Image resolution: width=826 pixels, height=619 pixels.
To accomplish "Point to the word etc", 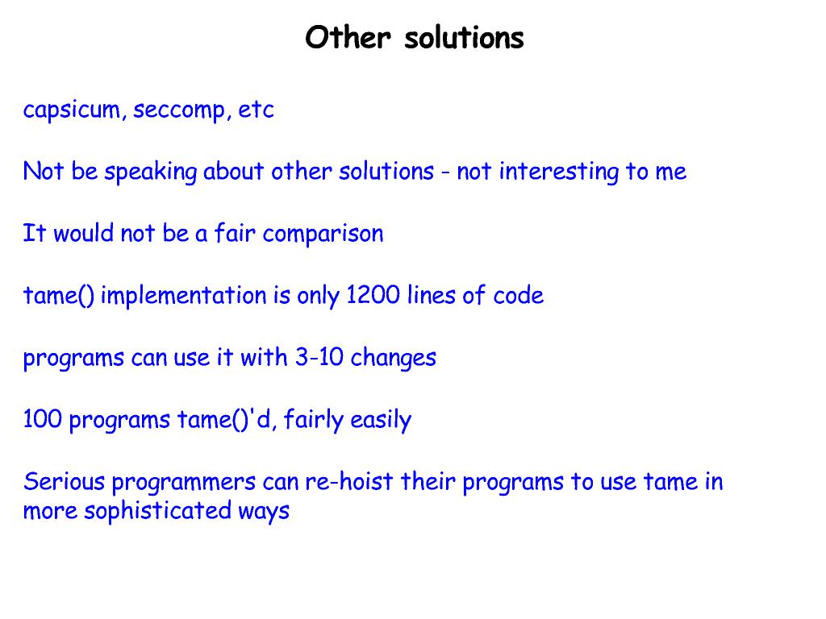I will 257,110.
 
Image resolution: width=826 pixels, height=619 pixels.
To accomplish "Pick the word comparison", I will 323,235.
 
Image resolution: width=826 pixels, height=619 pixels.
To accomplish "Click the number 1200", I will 373,296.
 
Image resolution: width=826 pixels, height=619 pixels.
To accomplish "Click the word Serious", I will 65,482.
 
